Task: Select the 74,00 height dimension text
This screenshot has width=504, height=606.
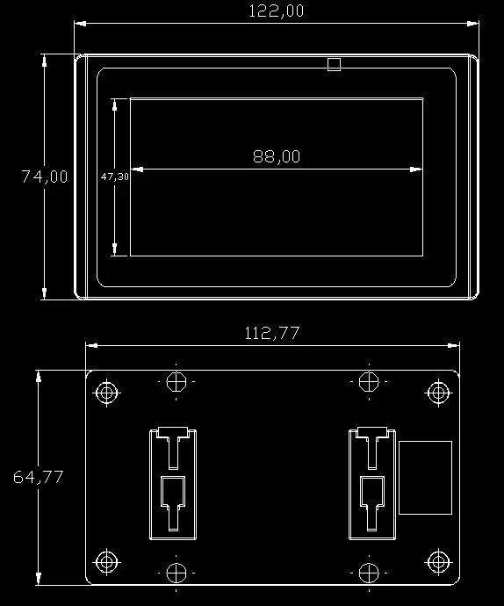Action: (45, 177)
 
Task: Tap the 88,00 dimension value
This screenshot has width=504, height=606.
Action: (277, 156)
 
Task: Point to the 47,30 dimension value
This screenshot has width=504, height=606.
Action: (115, 177)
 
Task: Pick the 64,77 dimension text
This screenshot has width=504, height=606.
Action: (38, 477)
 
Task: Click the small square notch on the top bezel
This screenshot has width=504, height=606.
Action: (333, 64)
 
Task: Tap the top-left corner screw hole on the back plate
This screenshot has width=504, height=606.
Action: (107, 392)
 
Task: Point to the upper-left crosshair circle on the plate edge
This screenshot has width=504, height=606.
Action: (176, 382)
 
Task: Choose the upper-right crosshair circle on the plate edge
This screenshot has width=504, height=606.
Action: (369, 382)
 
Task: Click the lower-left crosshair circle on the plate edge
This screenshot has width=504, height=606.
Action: (176, 573)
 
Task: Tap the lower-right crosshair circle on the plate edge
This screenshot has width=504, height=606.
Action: (369, 573)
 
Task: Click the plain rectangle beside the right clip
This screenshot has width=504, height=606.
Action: (425, 477)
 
